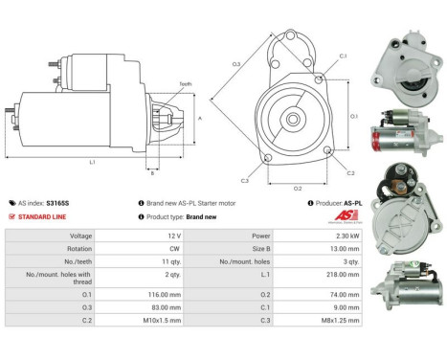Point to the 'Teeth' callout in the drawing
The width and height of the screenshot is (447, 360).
(186, 83)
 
